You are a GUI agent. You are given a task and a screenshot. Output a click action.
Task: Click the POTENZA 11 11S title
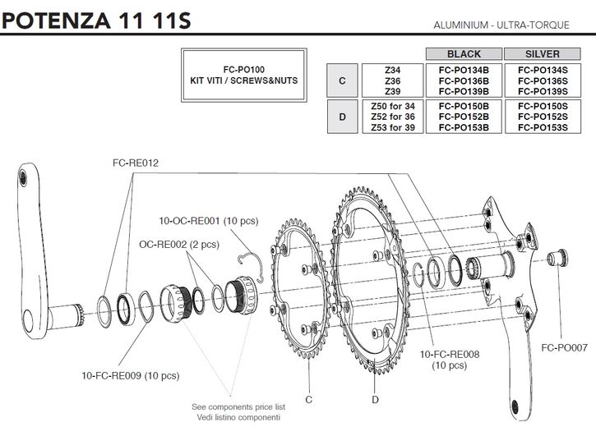(x=97, y=19)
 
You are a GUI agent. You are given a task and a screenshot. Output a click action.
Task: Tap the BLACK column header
(x=463, y=54)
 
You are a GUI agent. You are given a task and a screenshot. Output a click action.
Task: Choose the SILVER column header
(x=543, y=54)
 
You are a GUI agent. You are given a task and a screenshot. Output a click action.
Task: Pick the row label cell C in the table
(x=342, y=80)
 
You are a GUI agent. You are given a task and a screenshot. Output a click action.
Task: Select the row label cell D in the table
(x=342, y=116)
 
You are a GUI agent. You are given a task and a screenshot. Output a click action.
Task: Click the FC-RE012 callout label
(x=136, y=163)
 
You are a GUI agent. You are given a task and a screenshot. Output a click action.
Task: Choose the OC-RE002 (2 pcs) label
(x=178, y=244)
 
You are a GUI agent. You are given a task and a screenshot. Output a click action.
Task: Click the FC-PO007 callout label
(x=564, y=347)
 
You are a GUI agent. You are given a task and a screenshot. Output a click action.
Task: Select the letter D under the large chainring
(x=374, y=399)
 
